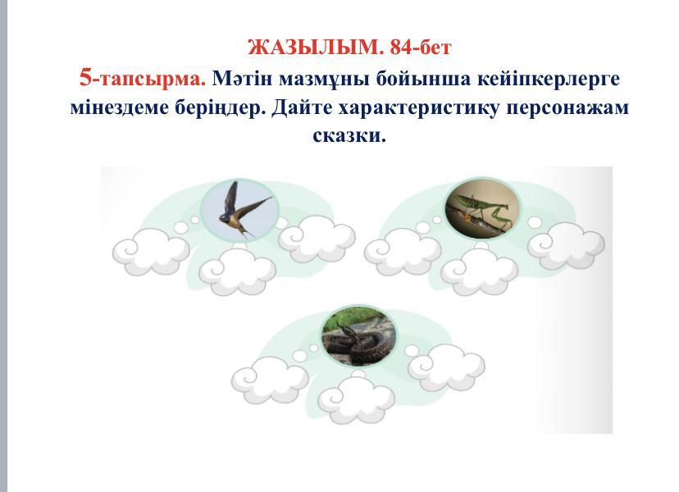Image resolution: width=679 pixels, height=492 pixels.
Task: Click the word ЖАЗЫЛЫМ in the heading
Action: (x=316, y=48)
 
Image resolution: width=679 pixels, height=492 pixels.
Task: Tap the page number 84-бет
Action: (x=421, y=48)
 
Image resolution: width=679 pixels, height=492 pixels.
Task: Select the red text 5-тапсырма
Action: (x=143, y=80)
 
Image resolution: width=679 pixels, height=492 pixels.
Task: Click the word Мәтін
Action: (x=242, y=79)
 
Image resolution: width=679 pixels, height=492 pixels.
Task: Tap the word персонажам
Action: (x=567, y=108)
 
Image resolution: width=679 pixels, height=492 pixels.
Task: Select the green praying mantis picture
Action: (x=482, y=209)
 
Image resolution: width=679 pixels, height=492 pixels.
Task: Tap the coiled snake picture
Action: (x=359, y=335)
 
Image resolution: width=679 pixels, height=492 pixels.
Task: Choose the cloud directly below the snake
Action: (x=357, y=399)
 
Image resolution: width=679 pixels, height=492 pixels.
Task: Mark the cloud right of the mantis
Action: (x=566, y=245)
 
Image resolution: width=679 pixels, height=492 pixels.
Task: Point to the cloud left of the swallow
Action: (x=151, y=251)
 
